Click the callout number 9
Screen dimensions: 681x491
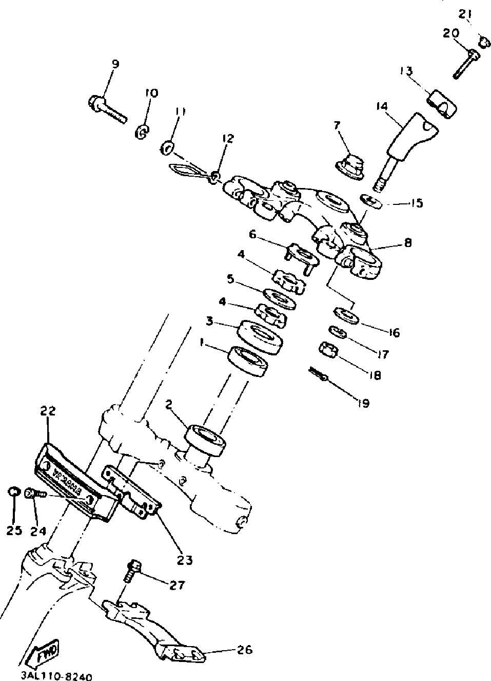pyautogui.click(x=115, y=65)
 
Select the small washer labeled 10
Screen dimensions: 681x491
pyautogui.click(x=142, y=131)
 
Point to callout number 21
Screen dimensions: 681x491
pyautogui.click(x=465, y=14)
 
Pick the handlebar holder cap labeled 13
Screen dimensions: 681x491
pyautogui.click(x=443, y=103)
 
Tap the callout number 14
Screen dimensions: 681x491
pyautogui.click(x=381, y=107)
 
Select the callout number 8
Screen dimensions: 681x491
pyautogui.click(x=408, y=242)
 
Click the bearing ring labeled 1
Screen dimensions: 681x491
pyautogui.click(x=248, y=362)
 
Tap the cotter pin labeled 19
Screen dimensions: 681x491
pyautogui.click(x=318, y=374)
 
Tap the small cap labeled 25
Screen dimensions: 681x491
pyautogui.click(x=13, y=493)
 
